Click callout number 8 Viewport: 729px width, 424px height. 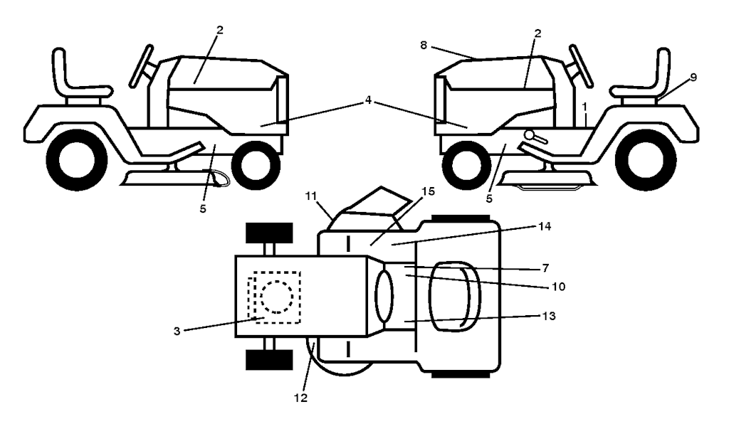click(423, 45)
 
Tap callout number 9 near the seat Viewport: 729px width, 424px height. click(693, 77)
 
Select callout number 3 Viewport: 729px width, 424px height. click(177, 331)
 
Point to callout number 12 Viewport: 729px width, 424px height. click(301, 398)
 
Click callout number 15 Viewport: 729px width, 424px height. click(428, 191)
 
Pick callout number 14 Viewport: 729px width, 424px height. click(545, 226)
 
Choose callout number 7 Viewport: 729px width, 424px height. click(545, 268)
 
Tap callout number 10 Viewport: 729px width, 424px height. click(558, 287)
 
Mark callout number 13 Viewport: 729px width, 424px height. click(549, 316)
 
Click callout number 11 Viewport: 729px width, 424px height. click(310, 196)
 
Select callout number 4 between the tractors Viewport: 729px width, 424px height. click(368, 100)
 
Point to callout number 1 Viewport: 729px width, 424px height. click(585, 107)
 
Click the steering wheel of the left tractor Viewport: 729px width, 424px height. click(142, 66)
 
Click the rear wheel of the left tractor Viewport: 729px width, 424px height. click(77, 160)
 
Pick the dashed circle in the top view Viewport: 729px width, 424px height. click(277, 297)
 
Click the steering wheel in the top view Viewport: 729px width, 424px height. click(384, 296)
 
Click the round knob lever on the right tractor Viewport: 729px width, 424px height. click(535, 137)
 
